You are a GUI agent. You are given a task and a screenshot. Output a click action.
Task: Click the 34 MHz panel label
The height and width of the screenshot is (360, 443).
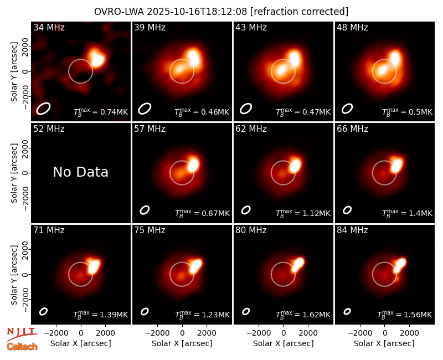(49, 27)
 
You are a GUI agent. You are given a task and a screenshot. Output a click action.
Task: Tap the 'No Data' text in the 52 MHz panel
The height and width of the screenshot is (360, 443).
(80, 172)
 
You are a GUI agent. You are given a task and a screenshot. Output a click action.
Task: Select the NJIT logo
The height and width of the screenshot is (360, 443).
(22, 334)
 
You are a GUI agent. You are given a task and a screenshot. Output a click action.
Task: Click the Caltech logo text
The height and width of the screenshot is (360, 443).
(22, 347)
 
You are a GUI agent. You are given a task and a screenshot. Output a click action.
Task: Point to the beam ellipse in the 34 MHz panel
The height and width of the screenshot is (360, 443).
(43, 109)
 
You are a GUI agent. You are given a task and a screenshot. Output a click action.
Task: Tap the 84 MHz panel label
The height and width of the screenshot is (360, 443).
(352, 230)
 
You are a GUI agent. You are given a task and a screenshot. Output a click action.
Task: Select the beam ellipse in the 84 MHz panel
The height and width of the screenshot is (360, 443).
(347, 311)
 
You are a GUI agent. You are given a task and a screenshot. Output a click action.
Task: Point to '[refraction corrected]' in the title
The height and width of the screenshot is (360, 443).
(299, 12)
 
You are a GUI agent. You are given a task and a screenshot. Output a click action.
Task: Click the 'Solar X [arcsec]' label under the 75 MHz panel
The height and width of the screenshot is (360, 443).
(182, 343)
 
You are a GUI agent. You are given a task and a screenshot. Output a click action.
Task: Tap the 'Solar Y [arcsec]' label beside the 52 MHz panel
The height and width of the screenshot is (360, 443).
(14, 173)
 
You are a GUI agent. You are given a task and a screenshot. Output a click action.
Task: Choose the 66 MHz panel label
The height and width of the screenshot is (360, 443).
(352, 129)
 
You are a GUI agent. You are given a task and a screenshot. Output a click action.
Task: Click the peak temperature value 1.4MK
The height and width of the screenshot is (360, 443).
(420, 213)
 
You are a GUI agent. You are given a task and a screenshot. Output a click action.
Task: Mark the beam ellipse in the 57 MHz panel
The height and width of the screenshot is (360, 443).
(145, 210)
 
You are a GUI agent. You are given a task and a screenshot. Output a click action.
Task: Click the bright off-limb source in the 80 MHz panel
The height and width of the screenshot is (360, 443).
(297, 264)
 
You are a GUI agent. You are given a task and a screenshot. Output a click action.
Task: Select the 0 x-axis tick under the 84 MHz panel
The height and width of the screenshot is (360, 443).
(384, 333)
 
